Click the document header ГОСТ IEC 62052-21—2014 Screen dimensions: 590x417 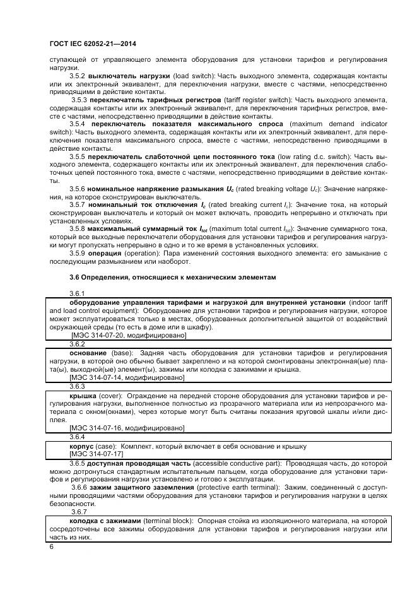tap(93, 44)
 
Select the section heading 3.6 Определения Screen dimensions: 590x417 tap(172, 277)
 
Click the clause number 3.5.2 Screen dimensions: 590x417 tap(78, 76)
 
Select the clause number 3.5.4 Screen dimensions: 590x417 tap(78, 124)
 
